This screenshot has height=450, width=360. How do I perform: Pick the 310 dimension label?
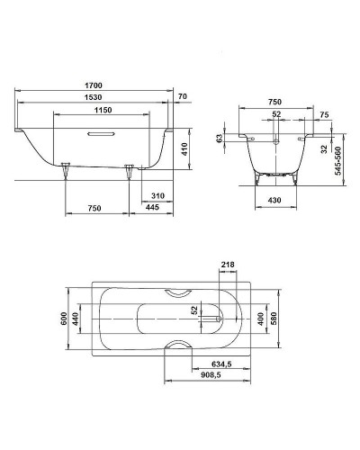tap(158, 195)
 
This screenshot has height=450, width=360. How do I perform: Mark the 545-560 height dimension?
tap(337, 159)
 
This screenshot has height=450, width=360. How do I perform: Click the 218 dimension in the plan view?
tap(227, 265)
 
